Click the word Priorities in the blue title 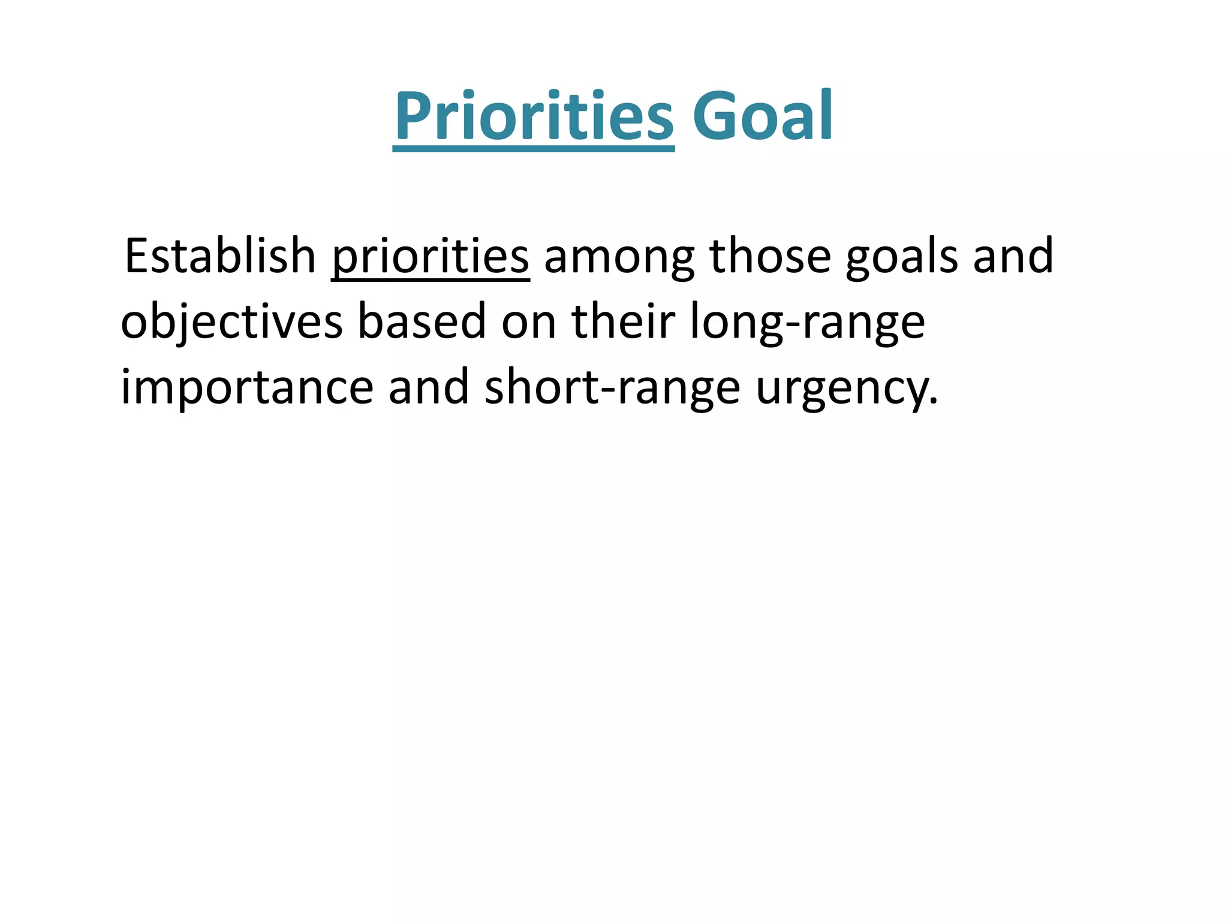[x=534, y=116]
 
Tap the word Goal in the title [x=762, y=116]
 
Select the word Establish [x=219, y=257]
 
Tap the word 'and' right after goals [x=1013, y=257]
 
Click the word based [x=422, y=322]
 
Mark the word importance [x=247, y=389]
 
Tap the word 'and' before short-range [x=429, y=387]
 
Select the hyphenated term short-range [x=612, y=389]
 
